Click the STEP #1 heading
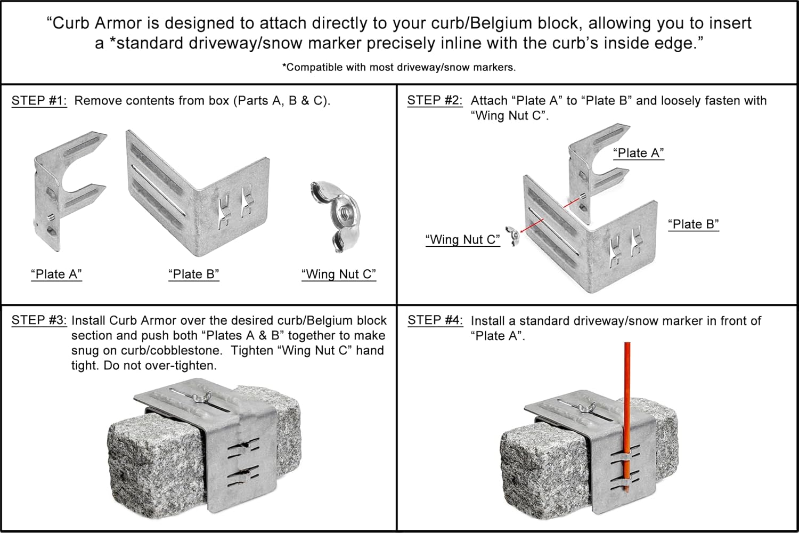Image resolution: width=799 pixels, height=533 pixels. pyautogui.click(x=39, y=101)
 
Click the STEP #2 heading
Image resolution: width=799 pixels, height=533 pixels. pyautogui.click(x=435, y=100)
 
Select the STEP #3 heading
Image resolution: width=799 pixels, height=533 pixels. pyautogui.click(x=39, y=320)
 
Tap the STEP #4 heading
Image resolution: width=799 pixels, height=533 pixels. pyautogui.click(x=435, y=320)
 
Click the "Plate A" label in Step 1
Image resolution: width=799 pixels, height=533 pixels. pyautogui.click(x=56, y=274)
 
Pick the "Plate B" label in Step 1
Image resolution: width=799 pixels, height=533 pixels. pyautogui.click(x=194, y=274)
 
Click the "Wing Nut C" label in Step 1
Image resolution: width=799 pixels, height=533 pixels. pyautogui.click(x=339, y=274)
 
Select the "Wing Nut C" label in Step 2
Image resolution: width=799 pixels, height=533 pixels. pyautogui.click(x=462, y=240)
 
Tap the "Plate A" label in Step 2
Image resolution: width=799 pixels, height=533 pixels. pyautogui.click(x=638, y=153)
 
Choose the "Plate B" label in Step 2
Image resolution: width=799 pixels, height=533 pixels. pyautogui.click(x=694, y=224)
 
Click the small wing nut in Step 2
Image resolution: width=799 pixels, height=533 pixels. pyautogui.click(x=513, y=235)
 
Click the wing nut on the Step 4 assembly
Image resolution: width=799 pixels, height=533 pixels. pyautogui.click(x=585, y=408)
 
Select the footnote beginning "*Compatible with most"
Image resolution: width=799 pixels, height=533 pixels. pyautogui.click(x=398, y=67)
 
